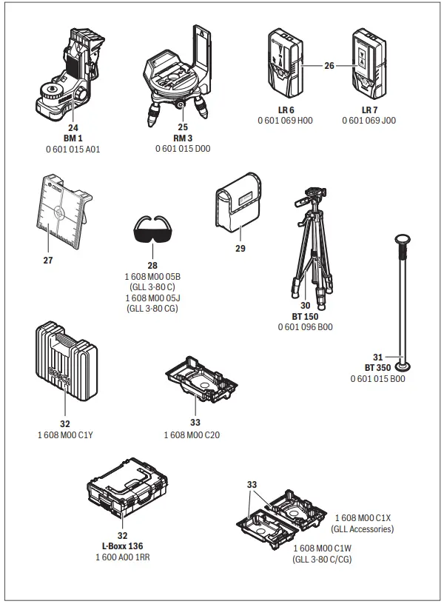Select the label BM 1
pyautogui.click(x=73, y=138)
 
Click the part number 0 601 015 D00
pyautogui.click(x=183, y=148)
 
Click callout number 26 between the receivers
pyautogui.click(x=329, y=66)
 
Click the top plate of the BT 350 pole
pyautogui.click(x=403, y=239)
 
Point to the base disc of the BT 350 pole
pyautogui.click(x=403, y=364)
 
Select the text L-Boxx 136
pyautogui.click(x=122, y=546)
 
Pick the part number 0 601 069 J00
pyautogui.click(x=369, y=120)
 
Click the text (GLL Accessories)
pyautogui.click(x=362, y=528)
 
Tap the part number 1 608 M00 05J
pyautogui.click(x=152, y=298)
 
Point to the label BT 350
pyautogui.click(x=377, y=368)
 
